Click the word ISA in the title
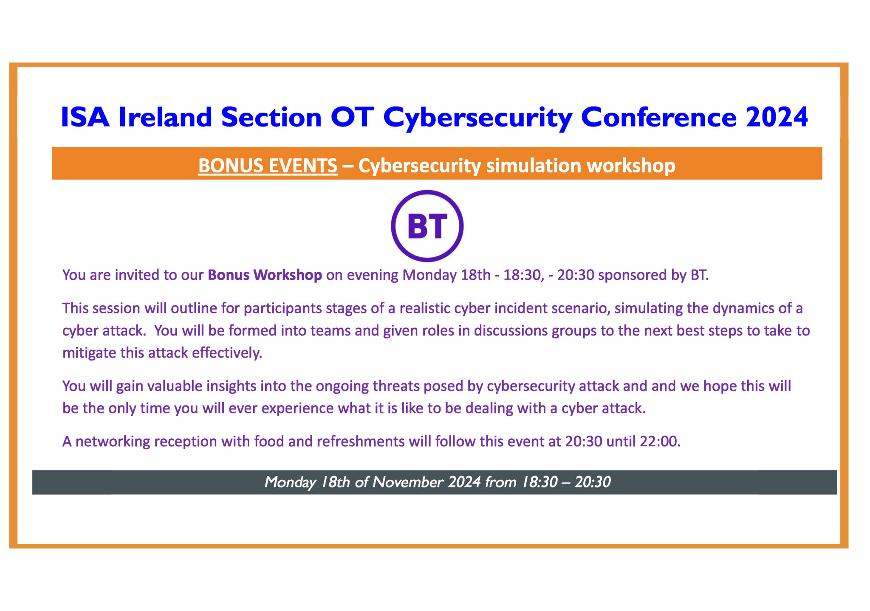(85, 117)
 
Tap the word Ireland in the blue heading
(165, 117)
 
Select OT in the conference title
(352, 117)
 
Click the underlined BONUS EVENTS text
(268, 166)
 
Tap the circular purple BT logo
(427, 226)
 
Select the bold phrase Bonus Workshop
(265, 275)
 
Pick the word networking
(113, 442)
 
